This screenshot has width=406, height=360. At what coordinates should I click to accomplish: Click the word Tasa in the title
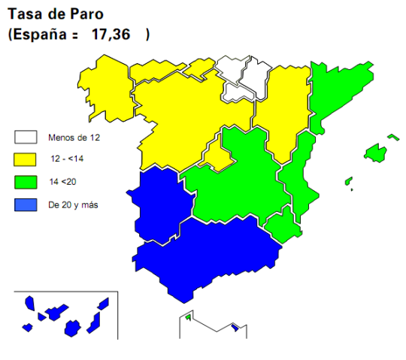click(23, 14)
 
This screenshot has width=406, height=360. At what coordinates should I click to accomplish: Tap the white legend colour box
click(26, 138)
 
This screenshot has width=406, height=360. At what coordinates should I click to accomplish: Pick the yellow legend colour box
click(26, 159)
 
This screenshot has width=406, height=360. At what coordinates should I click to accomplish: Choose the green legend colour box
click(26, 181)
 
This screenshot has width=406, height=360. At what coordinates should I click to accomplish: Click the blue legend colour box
click(26, 204)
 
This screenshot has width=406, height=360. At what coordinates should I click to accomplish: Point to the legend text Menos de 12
click(74, 138)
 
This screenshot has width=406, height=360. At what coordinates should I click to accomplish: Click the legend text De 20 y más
click(73, 204)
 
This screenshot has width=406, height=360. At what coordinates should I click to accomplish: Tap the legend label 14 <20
click(65, 181)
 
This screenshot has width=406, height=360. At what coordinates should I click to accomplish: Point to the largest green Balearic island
click(375, 153)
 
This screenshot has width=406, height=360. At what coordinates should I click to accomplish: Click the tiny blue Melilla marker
click(235, 327)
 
